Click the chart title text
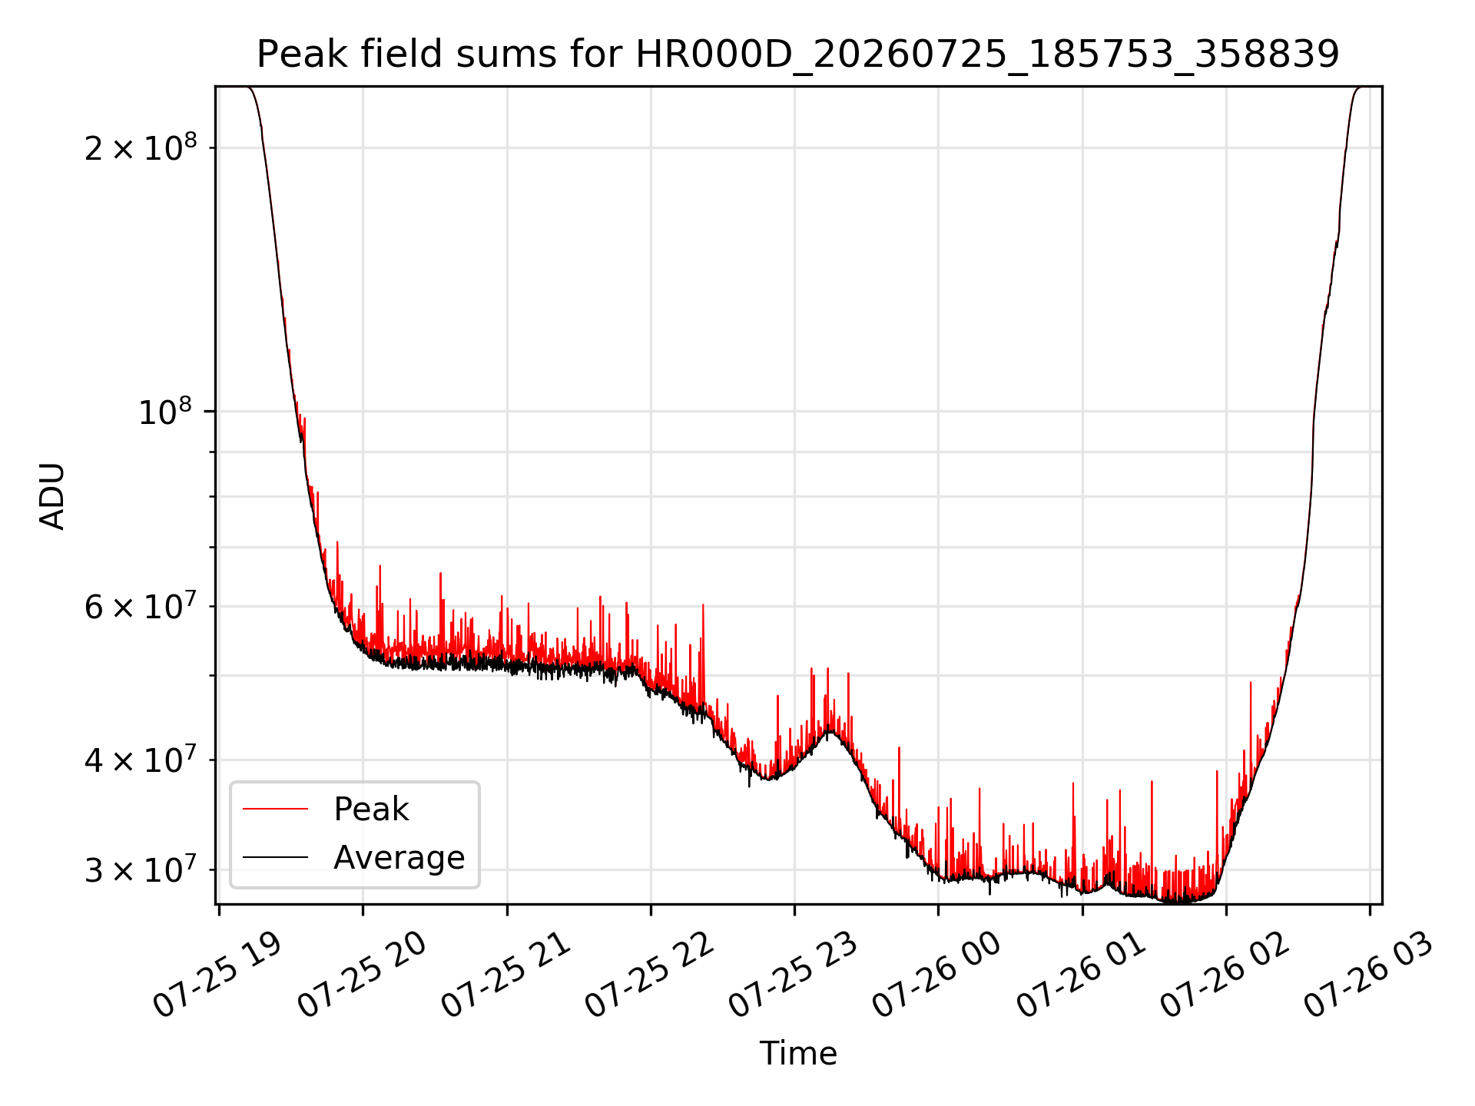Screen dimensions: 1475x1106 pyautogui.click(x=797, y=55)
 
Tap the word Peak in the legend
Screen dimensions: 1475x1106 pyautogui.click(x=371, y=809)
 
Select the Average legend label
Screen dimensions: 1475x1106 pyautogui.click(x=399, y=857)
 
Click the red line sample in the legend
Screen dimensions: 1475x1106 pyautogui.click(x=275, y=809)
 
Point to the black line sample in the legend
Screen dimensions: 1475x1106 pyautogui.click(x=275, y=857)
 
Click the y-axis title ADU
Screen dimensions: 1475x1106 pyautogui.click(x=52, y=495)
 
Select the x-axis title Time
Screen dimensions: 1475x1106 pyautogui.click(x=798, y=1053)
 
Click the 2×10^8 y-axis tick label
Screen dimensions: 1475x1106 pyautogui.click(x=141, y=147)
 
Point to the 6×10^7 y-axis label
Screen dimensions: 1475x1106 pyautogui.click(x=141, y=606)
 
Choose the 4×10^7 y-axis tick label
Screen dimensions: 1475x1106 pyautogui.click(x=141, y=760)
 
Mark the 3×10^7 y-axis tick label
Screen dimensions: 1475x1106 pyautogui.click(x=141, y=869)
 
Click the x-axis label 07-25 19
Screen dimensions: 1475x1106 pyautogui.click(x=217, y=976)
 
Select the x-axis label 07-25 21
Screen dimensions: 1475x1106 pyautogui.click(x=505, y=976)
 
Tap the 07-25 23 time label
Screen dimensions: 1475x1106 pyautogui.click(x=793, y=976)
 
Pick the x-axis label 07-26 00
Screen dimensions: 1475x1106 pyautogui.click(x=936, y=976)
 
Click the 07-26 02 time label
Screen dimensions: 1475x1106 pyautogui.click(x=1225, y=976)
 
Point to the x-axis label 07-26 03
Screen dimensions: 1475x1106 pyautogui.click(x=1368, y=976)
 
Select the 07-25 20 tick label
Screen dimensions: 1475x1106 pyautogui.click(x=361, y=976)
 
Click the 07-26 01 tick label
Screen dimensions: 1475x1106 pyautogui.click(x=1081, y=976)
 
